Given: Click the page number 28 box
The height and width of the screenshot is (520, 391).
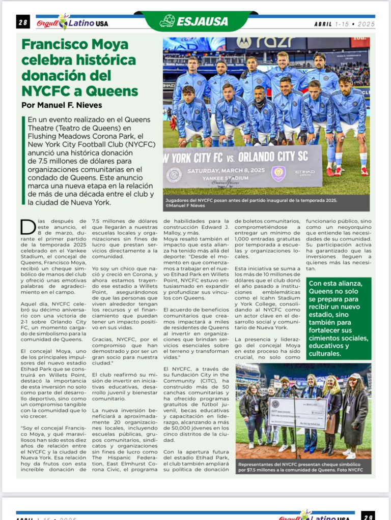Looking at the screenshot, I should click(23, 22).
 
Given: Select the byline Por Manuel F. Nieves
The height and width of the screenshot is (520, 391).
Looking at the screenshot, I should click(62, 105).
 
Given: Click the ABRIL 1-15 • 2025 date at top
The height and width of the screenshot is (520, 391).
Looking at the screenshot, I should click(344, 23).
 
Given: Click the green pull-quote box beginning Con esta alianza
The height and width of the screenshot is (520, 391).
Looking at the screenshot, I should click(339, 318).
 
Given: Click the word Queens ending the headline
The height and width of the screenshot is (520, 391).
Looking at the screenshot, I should click(113, 91).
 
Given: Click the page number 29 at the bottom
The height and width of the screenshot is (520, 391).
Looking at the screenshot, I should click(368, 516).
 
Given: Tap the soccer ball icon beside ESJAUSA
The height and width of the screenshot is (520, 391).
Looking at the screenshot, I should click(166, 21).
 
